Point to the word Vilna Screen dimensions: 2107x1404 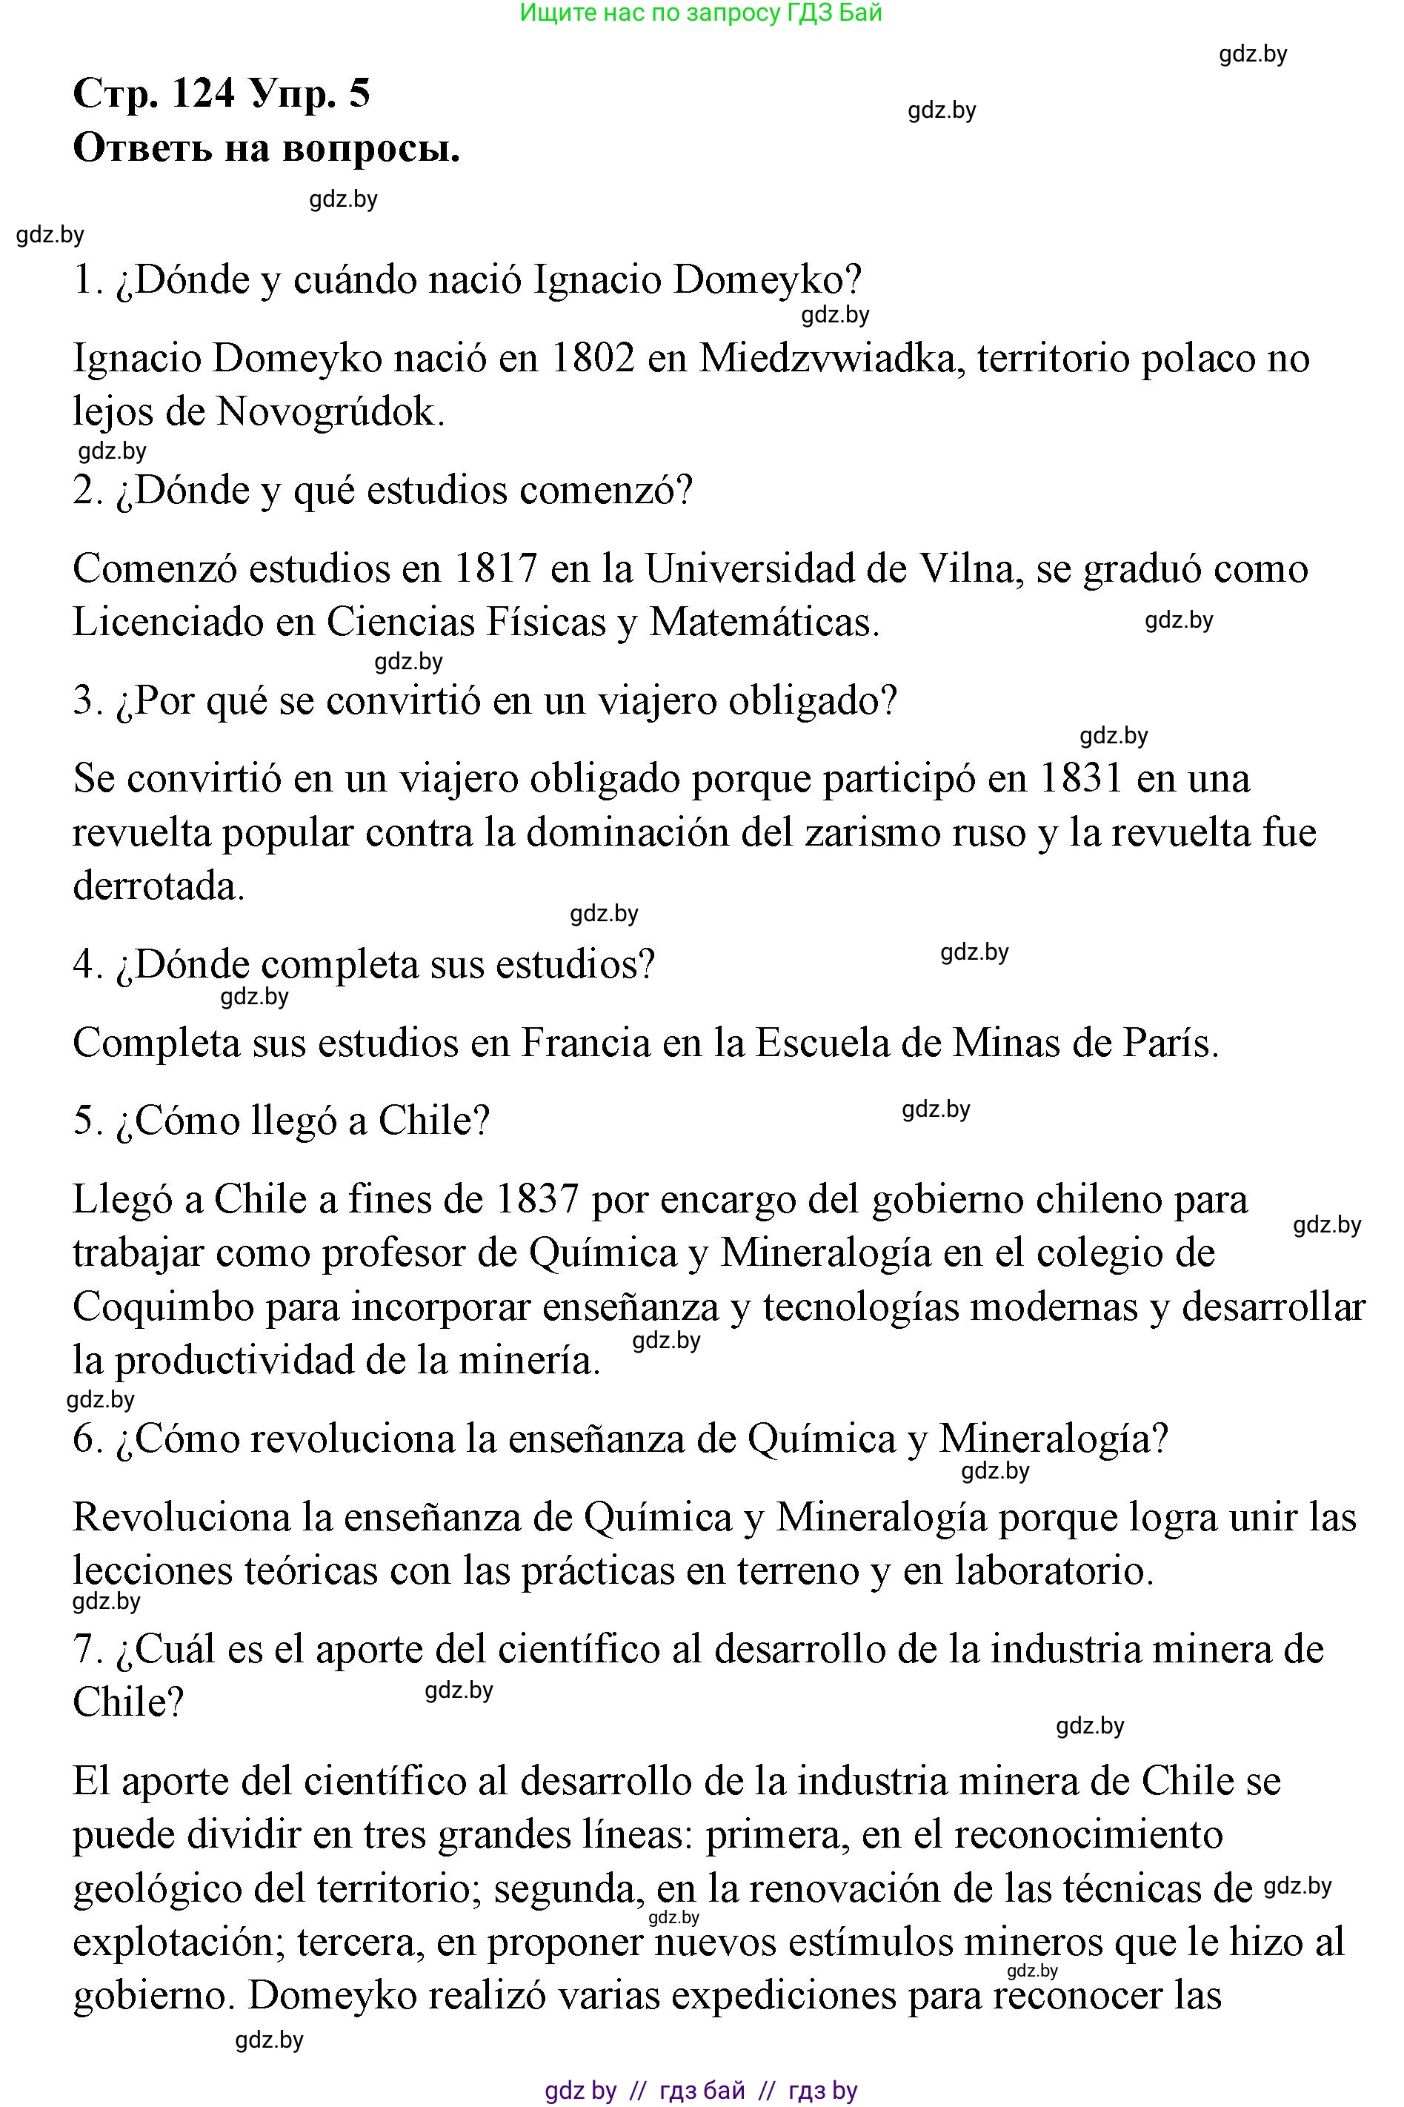(x=975, y=569)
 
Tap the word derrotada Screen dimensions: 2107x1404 (x=159, y=887)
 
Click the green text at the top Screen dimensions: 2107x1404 (x=701, y=13)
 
